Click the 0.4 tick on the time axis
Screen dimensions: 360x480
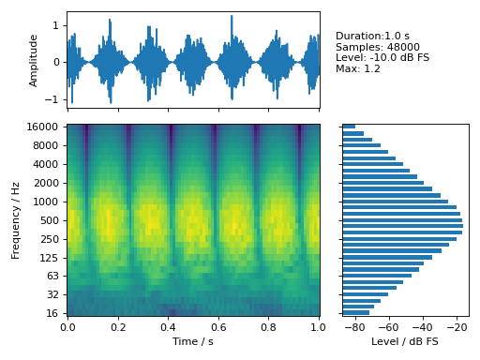[x=168, y=328]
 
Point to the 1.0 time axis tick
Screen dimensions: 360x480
[x=319, y=328]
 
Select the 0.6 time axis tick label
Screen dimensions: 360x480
[x=218, y=328]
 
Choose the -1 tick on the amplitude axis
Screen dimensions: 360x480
[x=55, y=98]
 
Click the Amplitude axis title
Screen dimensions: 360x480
[x=34, y=61]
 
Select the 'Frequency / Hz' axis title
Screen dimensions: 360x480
[x=16, y=221]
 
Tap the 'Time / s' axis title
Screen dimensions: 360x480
[x=193, y=341]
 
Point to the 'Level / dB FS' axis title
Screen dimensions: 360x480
[x=405, y=341]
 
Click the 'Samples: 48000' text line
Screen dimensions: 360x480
[x=378, y=47]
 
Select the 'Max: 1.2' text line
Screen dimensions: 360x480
[x=359, y=68]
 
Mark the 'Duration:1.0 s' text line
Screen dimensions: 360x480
[x=372, y=36]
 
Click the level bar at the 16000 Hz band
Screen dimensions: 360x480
[x=349, y=127]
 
